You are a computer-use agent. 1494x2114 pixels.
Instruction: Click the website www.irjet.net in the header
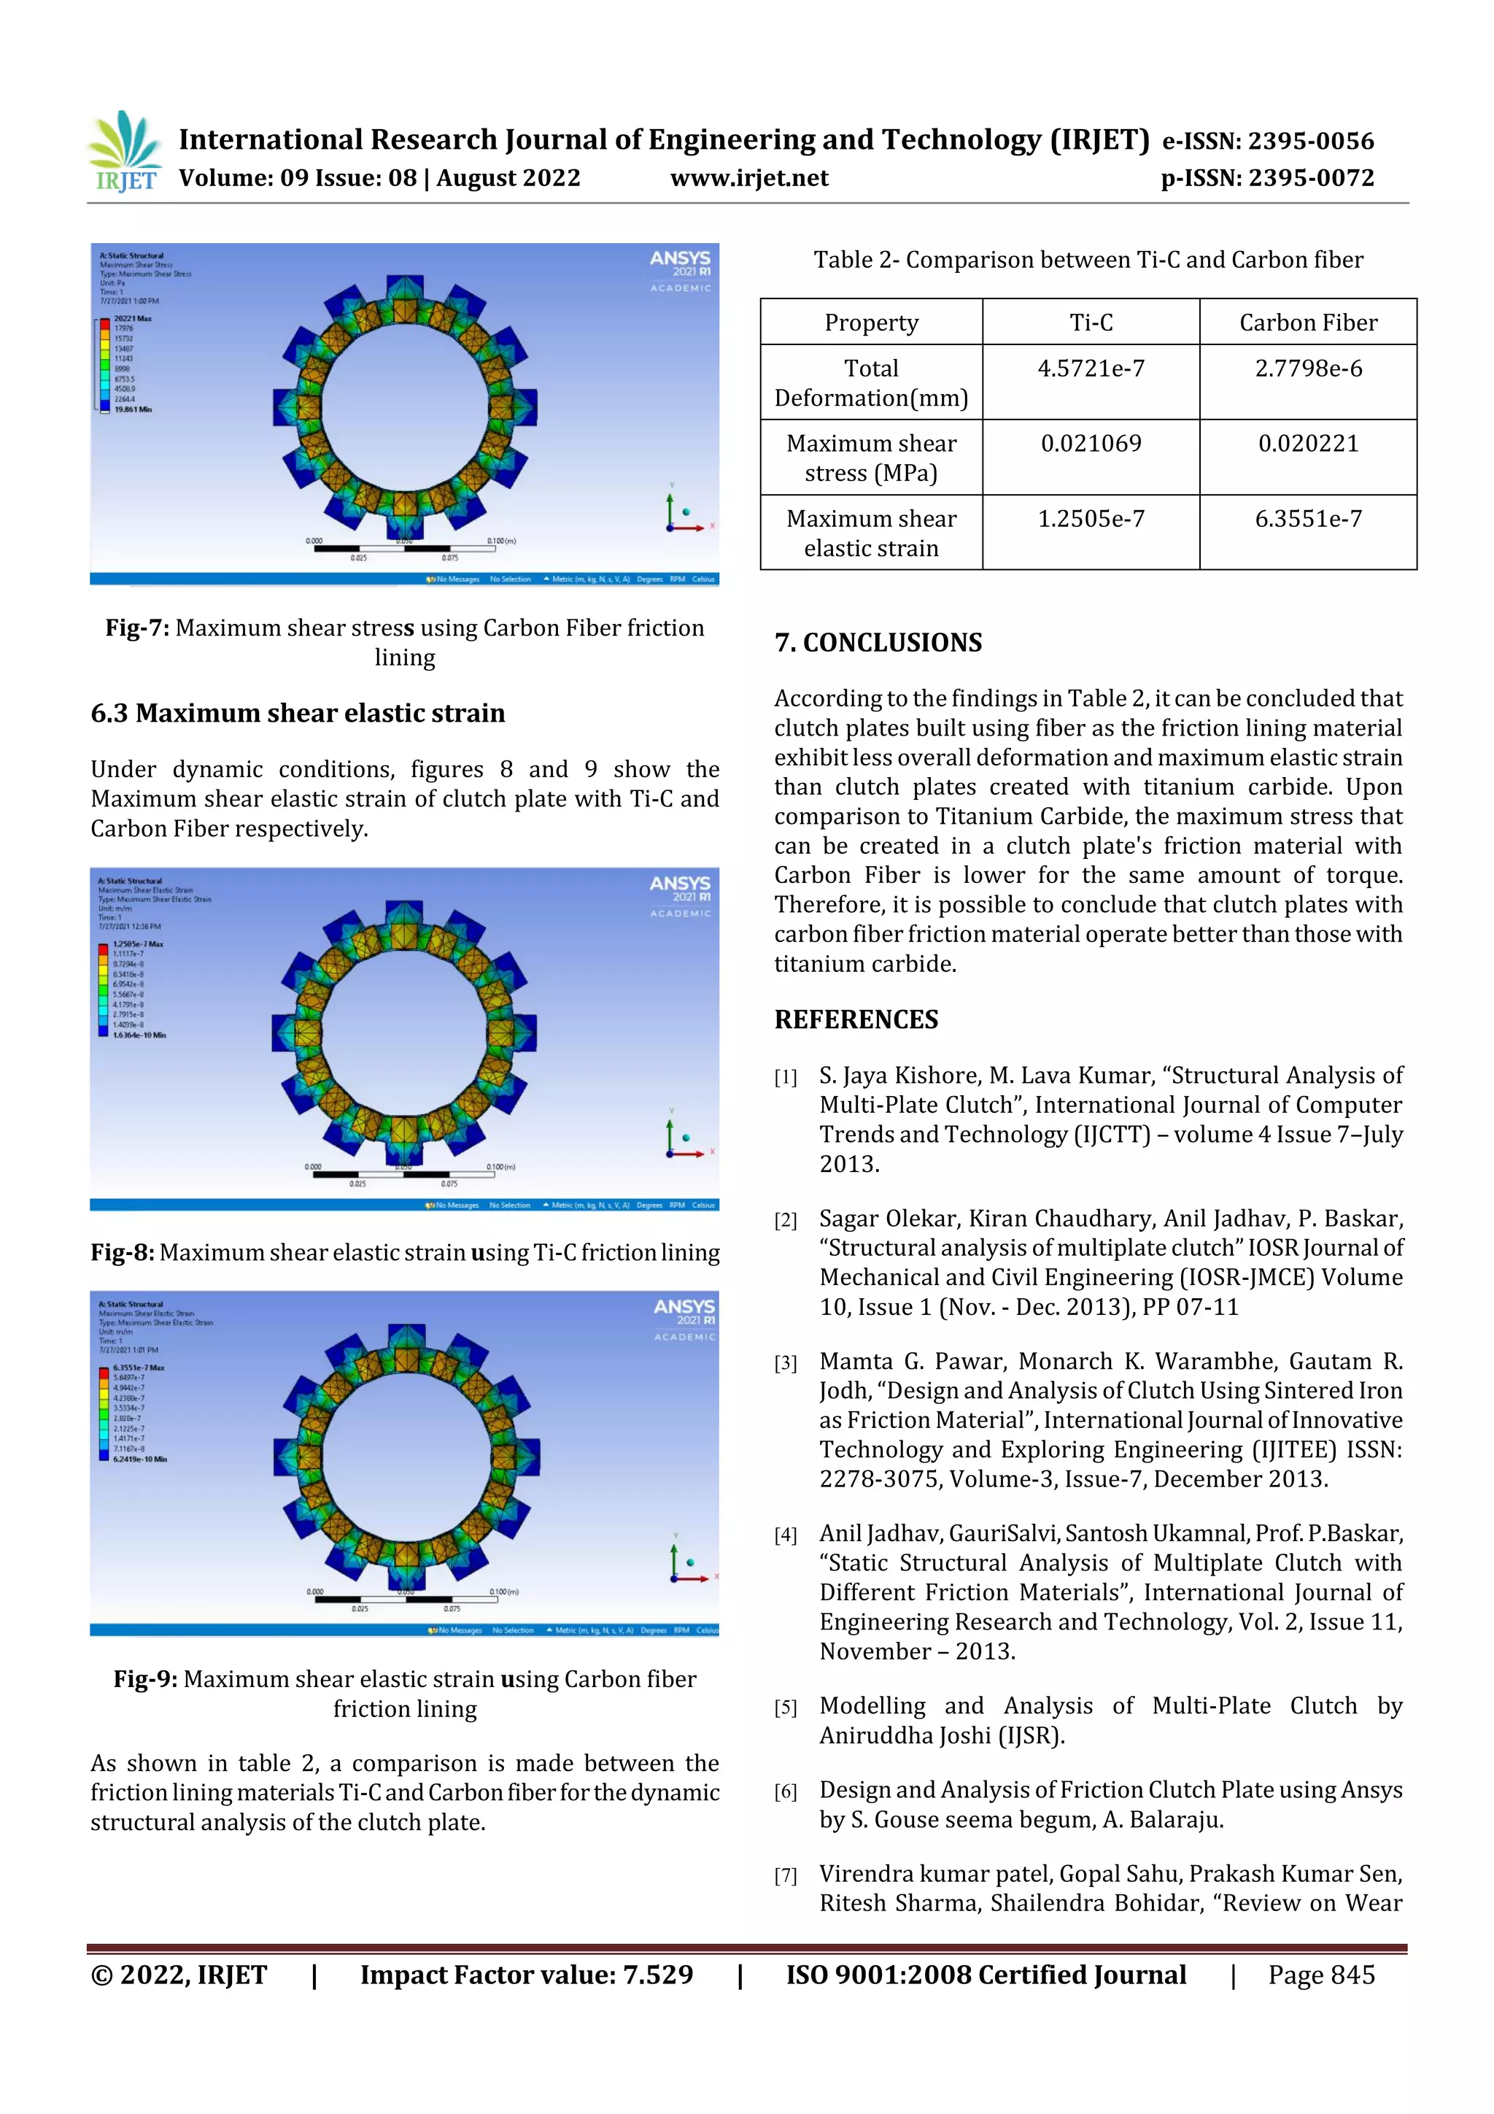pyautogui.click(x=748, y=178)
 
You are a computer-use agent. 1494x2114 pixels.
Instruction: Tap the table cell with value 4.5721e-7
pyautogui.click(x=1091, y=369)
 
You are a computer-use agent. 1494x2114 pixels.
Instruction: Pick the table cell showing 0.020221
pyautogui.click(x=1307, y=443)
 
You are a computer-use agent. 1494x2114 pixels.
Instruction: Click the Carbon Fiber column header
pyautogui.click(x=1307, y=323)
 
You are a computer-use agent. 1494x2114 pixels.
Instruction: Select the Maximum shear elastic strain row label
pyautogui.click(x=871, y=533)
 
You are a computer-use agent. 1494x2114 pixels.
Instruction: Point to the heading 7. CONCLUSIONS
pyautogui.click(x=878, y=643)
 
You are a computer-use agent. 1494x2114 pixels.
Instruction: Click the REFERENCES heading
pyautogui.click(x=856, y=1019)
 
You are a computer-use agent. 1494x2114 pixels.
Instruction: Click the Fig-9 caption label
pyautogui.click(x=145, y=1678)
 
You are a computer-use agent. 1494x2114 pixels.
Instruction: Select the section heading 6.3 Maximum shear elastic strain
pyautogui.click(x=298, y=714)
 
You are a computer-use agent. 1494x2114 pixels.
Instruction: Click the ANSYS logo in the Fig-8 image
pyautogui.click(x=681, y=889)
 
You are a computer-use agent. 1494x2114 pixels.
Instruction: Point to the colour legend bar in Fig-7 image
pyautogui.click(x=104, y=363)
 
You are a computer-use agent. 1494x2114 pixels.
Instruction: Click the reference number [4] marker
pyautogui.click(x=785, y=1535)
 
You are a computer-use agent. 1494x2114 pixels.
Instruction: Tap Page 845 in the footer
pyautogui.click(x=1321, y=1975)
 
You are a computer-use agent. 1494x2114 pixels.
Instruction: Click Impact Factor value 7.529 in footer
pyautogui.click(x=527, y=1975)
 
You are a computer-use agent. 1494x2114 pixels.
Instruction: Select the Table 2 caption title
pyautogui.click(x=1088, y=260)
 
